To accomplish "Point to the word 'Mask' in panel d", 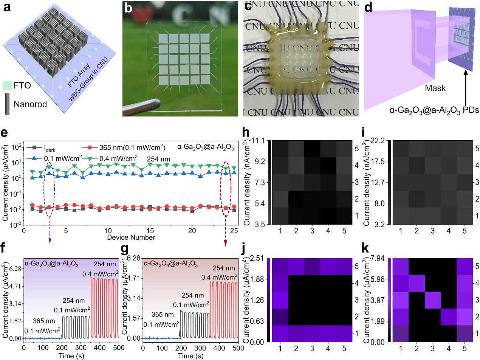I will click(x=435, y=88).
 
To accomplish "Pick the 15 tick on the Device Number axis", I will click(x=150, y=230).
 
